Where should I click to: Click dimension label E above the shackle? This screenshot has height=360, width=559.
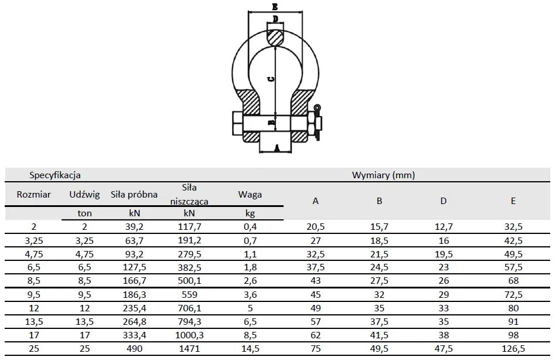(275, 6)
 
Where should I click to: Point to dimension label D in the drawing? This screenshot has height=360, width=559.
(275, 19)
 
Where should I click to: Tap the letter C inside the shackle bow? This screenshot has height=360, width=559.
(271, 79)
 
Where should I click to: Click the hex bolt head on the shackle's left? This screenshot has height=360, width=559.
(238, 124)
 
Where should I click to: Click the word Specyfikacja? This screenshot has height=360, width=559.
(55, 175)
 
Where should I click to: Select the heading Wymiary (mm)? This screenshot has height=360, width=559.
(384, 175)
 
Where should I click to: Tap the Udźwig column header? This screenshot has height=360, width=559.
(84, 195)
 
